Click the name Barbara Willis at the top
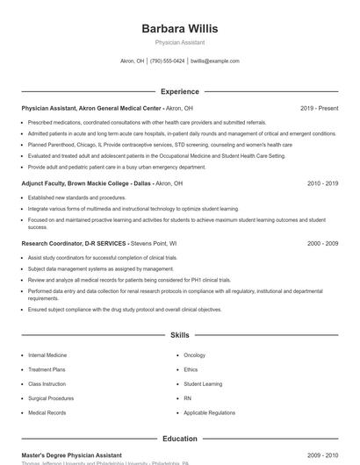coord(179,28)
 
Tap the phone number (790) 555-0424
coord(167,61)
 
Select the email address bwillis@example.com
coord(214,61)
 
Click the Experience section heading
coord(179,91)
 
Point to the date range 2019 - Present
coord(319,108)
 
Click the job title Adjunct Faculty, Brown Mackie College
coord(85,183)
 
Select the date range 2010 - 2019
coord(322,183)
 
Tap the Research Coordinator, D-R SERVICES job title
coord(75,242)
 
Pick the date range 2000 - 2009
coord(322,242)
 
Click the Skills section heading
coord(179,335)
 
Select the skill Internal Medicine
coord(47,355)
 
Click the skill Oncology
coord(194,355)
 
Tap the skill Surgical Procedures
coord(51,398)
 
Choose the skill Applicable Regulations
coord(209,412)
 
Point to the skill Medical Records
coord(47,412)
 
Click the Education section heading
coord(179,439)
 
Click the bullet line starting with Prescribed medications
coord(147,122)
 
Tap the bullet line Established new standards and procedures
coord(76,198)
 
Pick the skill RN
coord(188,398)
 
